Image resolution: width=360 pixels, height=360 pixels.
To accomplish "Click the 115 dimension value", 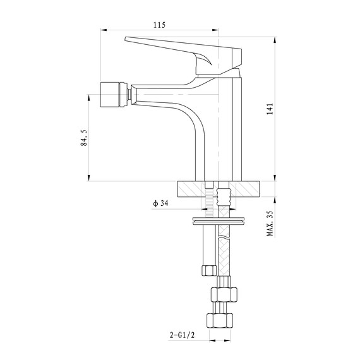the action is pos(159,25).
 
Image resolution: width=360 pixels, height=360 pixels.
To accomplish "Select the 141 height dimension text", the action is pos(270,109).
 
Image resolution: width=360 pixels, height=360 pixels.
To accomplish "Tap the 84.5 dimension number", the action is pos(84,138).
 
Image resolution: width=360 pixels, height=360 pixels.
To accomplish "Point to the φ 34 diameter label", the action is pos(160,203).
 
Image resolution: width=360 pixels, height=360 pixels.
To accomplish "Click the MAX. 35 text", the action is pos(270,224).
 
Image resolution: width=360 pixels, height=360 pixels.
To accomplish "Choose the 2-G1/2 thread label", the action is pos(182,335).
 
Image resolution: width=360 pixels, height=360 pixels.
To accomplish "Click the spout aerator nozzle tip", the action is pos(114,94).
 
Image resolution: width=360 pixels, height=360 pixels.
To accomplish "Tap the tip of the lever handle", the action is pos(126,39).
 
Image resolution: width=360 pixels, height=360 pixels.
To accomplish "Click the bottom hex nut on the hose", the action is pos(220,321).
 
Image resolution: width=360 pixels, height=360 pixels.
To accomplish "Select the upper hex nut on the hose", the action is pos(224,294).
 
